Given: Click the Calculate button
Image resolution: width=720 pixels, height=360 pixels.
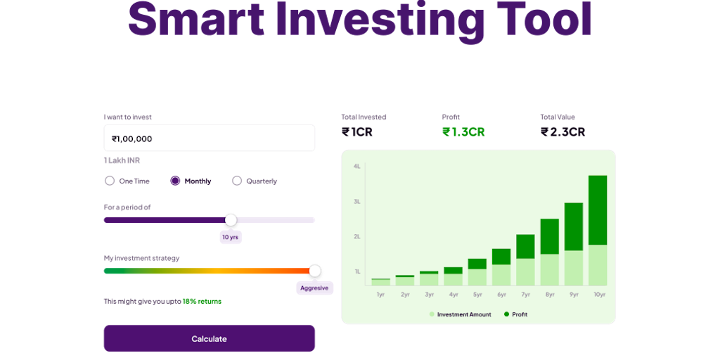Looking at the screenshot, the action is (209, 338).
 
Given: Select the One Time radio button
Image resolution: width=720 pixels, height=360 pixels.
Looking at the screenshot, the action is (110, 181).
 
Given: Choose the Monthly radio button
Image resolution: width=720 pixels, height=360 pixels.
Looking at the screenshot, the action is (175, 181).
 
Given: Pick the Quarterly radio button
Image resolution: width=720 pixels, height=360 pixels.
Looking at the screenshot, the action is (237, 181).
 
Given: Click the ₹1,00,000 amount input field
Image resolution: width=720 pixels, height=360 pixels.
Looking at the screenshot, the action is (209, 138).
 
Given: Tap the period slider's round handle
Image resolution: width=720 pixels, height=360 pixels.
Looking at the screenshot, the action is (231, 220).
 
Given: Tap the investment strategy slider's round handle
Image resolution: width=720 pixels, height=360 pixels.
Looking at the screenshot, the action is (315, 271).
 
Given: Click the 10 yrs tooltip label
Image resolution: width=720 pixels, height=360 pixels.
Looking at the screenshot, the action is (231, 237).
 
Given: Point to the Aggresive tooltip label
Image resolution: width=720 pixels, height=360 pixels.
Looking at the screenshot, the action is (314, 288).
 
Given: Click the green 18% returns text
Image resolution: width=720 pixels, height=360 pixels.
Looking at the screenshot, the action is (202, 301).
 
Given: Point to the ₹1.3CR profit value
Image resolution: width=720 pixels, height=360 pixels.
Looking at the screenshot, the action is (463, 132).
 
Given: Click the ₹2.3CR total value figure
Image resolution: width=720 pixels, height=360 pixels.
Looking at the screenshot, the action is (562, 132).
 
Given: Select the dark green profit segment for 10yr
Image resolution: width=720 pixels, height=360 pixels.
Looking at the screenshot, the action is (598, 210).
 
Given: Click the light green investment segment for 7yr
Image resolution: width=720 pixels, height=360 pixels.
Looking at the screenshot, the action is (525, 272).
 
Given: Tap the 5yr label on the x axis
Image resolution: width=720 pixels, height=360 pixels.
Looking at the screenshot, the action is (477, 295).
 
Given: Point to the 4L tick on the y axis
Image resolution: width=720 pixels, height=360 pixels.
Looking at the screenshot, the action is (356, 166).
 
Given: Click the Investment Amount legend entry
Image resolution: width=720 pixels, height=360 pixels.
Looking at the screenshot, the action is (460, 314).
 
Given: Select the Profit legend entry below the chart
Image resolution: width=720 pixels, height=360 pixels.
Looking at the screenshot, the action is (515, 314).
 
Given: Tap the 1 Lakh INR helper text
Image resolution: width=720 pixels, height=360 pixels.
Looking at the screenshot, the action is (122, 161).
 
